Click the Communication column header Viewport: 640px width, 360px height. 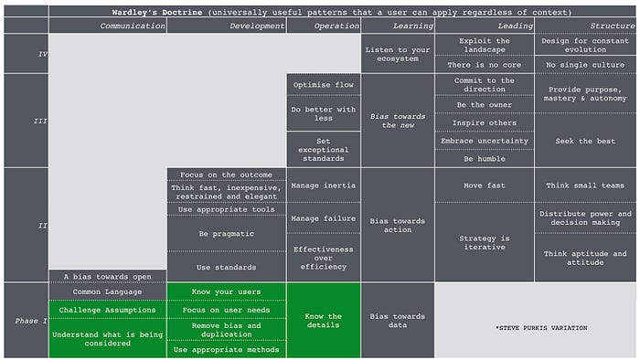pos(133,26)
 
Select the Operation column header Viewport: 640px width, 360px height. pos(324,26)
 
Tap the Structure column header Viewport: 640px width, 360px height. pos(613,26)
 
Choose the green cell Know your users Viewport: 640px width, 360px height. pos(227,291)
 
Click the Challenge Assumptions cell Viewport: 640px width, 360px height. pos(107,310)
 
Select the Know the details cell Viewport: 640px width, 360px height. pos(324,322)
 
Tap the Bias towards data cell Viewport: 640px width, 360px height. pos(397,322)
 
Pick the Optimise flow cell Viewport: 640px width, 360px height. pos(324,85)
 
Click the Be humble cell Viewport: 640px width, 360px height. pos(484,158)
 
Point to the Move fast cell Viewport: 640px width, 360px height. pos(484,185)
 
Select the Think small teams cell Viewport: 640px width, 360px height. pos(586,185)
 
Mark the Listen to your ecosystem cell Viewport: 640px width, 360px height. pos(397,53)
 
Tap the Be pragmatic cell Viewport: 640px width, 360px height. pos(227,233)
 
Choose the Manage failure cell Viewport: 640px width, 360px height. pos(324,219)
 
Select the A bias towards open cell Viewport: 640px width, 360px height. pos(107,275)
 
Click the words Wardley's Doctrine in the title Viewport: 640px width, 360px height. pos(149,12)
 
